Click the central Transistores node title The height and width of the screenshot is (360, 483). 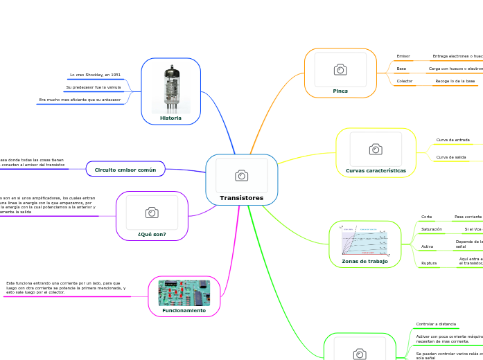pos(241,198)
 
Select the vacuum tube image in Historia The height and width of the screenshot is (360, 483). pos(170,88)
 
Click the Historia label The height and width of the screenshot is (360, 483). pos(170,118)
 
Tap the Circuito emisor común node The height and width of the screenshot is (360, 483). pos(125,169)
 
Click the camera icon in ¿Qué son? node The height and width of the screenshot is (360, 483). pos(151,213)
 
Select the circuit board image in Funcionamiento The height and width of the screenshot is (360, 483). pos(184,292)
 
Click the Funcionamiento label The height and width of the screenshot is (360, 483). pos(184,311)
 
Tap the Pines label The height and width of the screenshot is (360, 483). pos(340,91)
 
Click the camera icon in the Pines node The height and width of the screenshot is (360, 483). pos(340,70)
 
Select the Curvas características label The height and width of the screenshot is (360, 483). pos(376,170)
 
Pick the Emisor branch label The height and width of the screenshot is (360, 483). pos(403,56)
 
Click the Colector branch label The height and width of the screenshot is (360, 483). pos(404,81)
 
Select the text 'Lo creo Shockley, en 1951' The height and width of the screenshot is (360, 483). pos(95,75)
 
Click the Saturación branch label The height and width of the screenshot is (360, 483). pos(432,229)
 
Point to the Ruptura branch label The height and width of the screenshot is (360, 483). pos(429,263)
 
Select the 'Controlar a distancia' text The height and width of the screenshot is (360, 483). pos(436,324)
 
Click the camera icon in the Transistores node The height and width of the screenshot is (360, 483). pos(241,176)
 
